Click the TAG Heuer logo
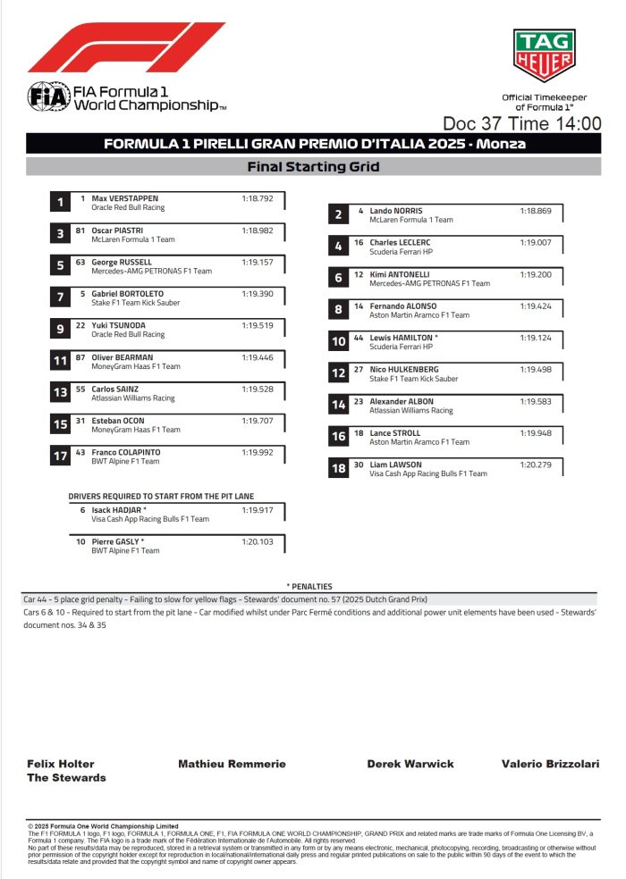tap(544, 56)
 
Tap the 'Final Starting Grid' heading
tap(313, 167)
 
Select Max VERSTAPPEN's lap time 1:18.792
tap(257, 198)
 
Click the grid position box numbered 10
tap(338, 341)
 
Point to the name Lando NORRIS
tap(397, 211)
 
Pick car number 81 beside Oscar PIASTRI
tap(80, 230)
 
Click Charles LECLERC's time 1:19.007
tap(535, 243)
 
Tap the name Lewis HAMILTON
tap(402, 338)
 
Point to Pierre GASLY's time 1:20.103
tap(257, 541)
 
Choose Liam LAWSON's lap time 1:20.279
tap(535, 465)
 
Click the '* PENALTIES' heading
tap(309, 586)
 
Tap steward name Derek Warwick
tap(410, 765)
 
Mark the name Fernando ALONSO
tap(403, 306)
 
